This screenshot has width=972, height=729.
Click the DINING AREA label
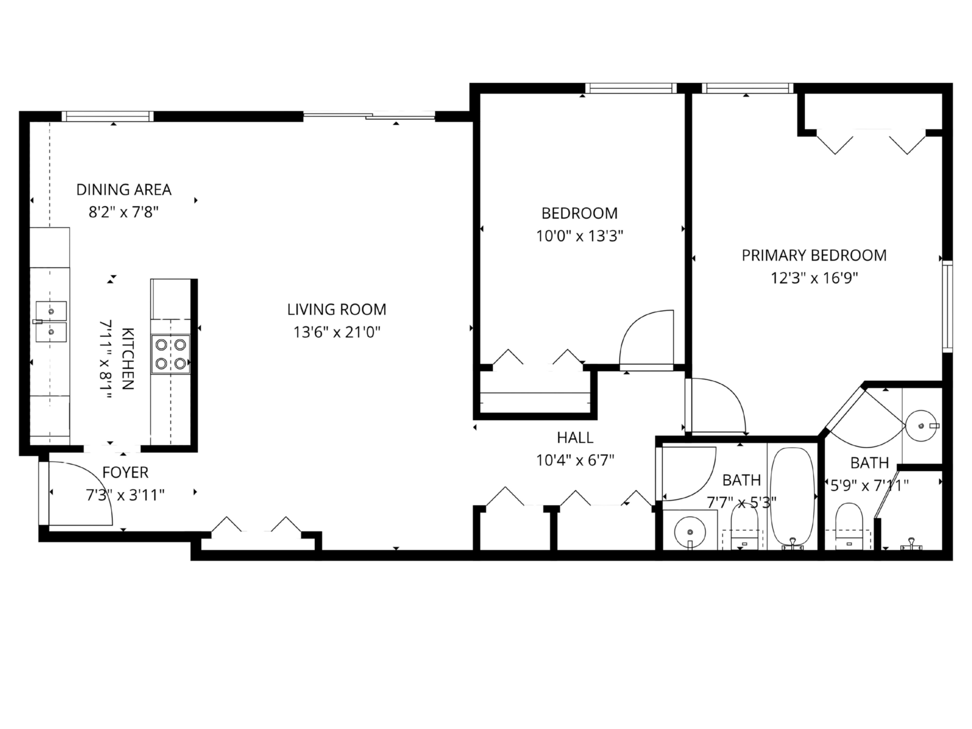(123, 190)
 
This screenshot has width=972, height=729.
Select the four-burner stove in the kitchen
(170, 354)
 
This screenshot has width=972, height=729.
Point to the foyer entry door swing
(79, 494)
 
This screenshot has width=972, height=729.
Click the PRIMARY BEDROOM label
(814, 255)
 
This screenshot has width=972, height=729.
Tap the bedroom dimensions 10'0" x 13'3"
(579, 237)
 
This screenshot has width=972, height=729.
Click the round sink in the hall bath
(689, 532)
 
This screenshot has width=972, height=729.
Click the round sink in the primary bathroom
(920, 425)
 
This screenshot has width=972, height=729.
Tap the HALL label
(575, 438)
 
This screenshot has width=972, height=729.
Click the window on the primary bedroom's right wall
(947, 306)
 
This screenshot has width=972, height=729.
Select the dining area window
(108, 116)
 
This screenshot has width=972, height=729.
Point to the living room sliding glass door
(369, 116)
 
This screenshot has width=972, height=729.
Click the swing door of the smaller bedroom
(646, 341)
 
